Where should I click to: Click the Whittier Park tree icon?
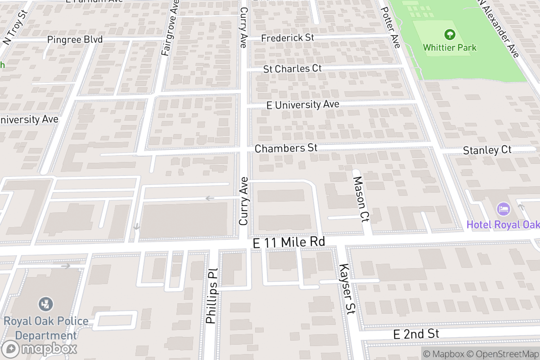[449, 35]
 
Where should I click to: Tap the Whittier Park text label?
[449, 47]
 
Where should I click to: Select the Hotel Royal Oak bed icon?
[504, 209]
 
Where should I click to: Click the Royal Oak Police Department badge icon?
[45, 304]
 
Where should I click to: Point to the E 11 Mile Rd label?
[288, 243]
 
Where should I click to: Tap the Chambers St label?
[286, 148]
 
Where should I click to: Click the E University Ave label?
[302, 105]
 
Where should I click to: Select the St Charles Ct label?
[292, 69]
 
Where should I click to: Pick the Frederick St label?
[288, 38]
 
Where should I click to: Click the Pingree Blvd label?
[75, 40]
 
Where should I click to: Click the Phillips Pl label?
[211, 296]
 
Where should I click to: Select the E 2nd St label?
[416, 334]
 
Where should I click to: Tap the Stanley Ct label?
[487, 150]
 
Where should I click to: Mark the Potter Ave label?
[390, 28]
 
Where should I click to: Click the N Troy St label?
[15, 26]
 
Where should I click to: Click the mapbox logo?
[40, 349]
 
